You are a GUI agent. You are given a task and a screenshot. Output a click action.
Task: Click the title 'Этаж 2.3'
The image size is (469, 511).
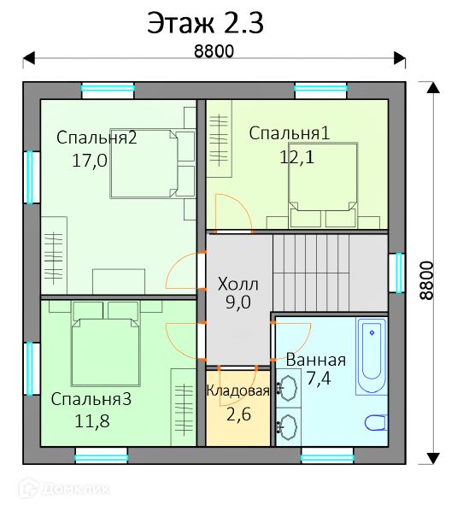205,23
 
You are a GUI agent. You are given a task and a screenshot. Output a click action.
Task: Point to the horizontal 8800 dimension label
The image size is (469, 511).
214,51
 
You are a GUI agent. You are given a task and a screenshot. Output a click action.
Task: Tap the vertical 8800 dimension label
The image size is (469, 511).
426,280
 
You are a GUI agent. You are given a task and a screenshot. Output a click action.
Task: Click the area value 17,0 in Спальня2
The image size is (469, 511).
90,161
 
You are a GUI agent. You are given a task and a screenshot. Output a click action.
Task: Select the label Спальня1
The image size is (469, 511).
290,133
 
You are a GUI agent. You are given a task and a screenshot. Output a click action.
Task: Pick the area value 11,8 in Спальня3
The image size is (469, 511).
92,421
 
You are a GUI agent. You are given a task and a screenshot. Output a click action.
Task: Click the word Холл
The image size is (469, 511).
238,284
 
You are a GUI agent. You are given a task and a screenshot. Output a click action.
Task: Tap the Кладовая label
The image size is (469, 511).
238,391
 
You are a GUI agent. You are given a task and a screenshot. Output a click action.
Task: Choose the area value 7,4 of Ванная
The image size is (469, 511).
319,379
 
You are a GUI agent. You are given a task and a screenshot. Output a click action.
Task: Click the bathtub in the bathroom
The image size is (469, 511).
372,355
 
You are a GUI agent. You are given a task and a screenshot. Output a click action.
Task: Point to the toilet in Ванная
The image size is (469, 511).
376,423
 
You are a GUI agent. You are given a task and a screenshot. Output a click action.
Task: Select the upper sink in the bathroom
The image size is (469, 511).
288,388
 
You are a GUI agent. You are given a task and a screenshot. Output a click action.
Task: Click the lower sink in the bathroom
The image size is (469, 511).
288,427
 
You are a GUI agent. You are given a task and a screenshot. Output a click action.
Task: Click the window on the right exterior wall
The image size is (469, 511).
397,273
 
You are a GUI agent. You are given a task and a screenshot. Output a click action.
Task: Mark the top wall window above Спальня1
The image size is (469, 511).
321,91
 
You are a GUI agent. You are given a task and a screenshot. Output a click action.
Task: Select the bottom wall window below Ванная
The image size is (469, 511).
327,455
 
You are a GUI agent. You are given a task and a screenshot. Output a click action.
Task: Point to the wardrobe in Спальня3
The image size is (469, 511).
184,408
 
